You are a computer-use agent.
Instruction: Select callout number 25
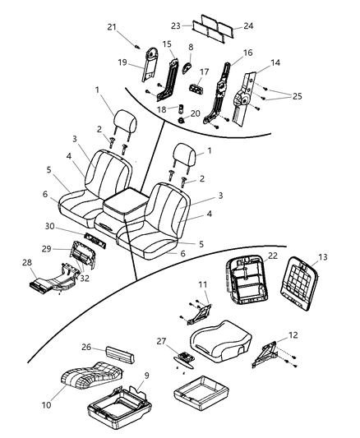297,97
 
